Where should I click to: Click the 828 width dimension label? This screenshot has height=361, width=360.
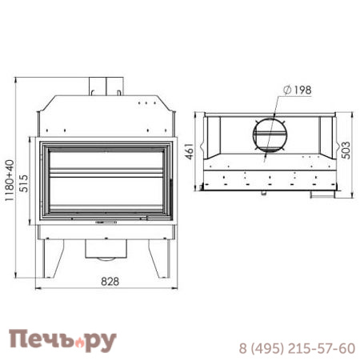110,281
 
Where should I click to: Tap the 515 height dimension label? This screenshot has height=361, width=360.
24,183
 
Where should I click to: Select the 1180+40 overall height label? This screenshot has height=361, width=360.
10,180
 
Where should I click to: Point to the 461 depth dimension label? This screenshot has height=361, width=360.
190,151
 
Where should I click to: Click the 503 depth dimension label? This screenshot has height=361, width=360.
346,150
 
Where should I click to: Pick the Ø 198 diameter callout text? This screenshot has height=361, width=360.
298,90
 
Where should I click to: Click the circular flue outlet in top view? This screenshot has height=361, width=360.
270,134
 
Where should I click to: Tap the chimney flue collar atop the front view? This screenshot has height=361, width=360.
106,86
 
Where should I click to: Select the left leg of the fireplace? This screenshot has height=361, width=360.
53,259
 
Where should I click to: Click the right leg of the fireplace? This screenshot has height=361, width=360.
159,259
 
